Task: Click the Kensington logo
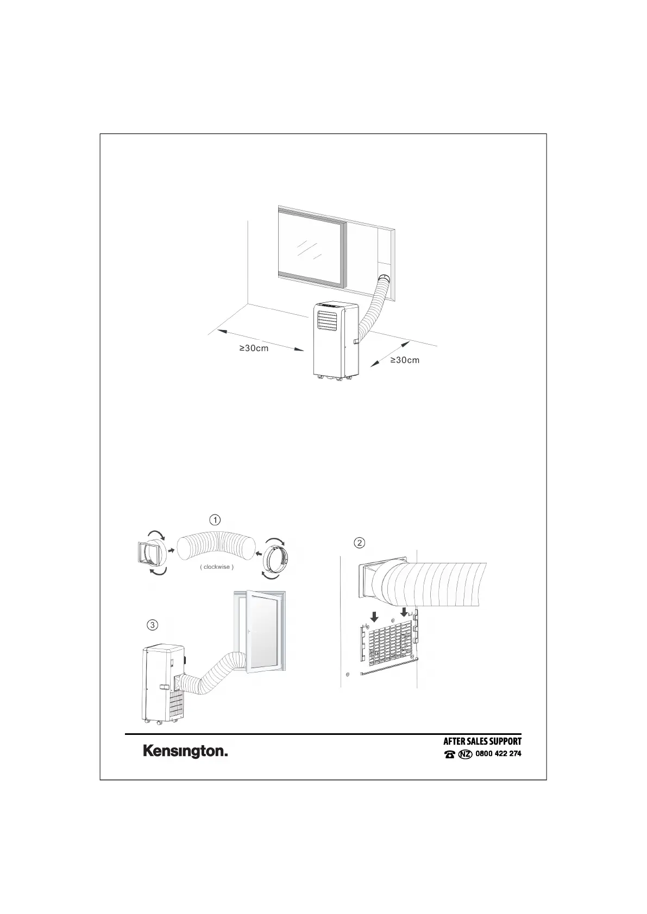(x=185, y=752)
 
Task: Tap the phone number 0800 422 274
(x=498, y=753)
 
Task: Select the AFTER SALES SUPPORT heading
(x=482, y=741)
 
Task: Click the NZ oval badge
(x=465, y=754)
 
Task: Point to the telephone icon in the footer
(x=449, y=754)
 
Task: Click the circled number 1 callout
(x=216, y=519)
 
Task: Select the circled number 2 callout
(x=359, y=542)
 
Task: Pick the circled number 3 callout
(x=153, y=625)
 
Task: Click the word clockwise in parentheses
(x=217, y=567)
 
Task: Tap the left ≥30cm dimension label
(x=254, y=348)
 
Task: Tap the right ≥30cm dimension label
(x=405, y=360)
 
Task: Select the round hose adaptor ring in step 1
(x=276, y=557)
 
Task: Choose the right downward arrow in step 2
(x=404, y=612)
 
